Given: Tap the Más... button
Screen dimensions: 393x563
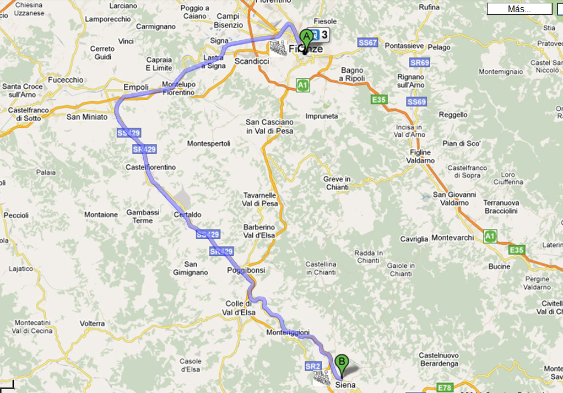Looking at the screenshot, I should [x=519, y=9].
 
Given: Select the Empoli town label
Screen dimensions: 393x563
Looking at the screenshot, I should [x=136, y=87].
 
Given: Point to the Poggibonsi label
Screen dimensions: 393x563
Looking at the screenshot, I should [x=246, y=271].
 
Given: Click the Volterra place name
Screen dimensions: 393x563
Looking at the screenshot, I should [x=92, y=323].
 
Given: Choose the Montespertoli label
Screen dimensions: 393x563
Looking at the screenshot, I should [x=209, y=143].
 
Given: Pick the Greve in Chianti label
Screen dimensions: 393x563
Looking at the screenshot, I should [x=337, y=183].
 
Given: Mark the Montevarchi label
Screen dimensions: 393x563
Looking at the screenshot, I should [x=453, y=237].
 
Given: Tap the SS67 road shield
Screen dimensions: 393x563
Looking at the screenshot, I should [x=367, y=42].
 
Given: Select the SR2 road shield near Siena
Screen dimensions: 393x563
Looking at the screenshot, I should [x=312, y=366].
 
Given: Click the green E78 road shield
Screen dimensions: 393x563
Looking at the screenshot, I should [x=443, y=387].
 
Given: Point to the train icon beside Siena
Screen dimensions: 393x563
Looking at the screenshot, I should [x=322, y=378].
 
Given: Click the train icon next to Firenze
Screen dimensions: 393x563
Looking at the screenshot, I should [x=279, y=48].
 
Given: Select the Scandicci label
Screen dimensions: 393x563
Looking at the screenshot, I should [x=252, y=61].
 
